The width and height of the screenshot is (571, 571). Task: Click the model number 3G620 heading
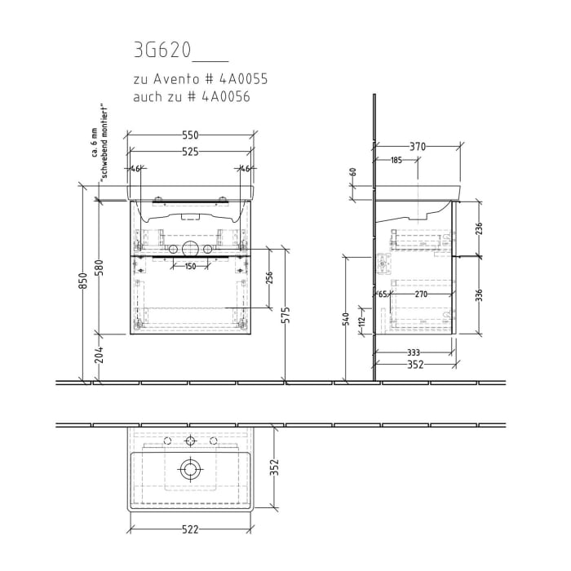click(162, 51)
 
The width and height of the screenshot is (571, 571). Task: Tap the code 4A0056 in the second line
click(223, 97)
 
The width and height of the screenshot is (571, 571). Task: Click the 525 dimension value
click(190, 153)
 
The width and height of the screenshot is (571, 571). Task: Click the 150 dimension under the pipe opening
click(190, 267)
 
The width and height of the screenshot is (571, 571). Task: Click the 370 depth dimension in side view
click(417, 147)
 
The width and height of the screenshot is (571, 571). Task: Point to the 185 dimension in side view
click(396, 161)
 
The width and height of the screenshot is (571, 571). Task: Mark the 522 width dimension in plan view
click(190, 529)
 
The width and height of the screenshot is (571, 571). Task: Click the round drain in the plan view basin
click(190, 469)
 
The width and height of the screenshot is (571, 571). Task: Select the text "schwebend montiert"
click(104, 142)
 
